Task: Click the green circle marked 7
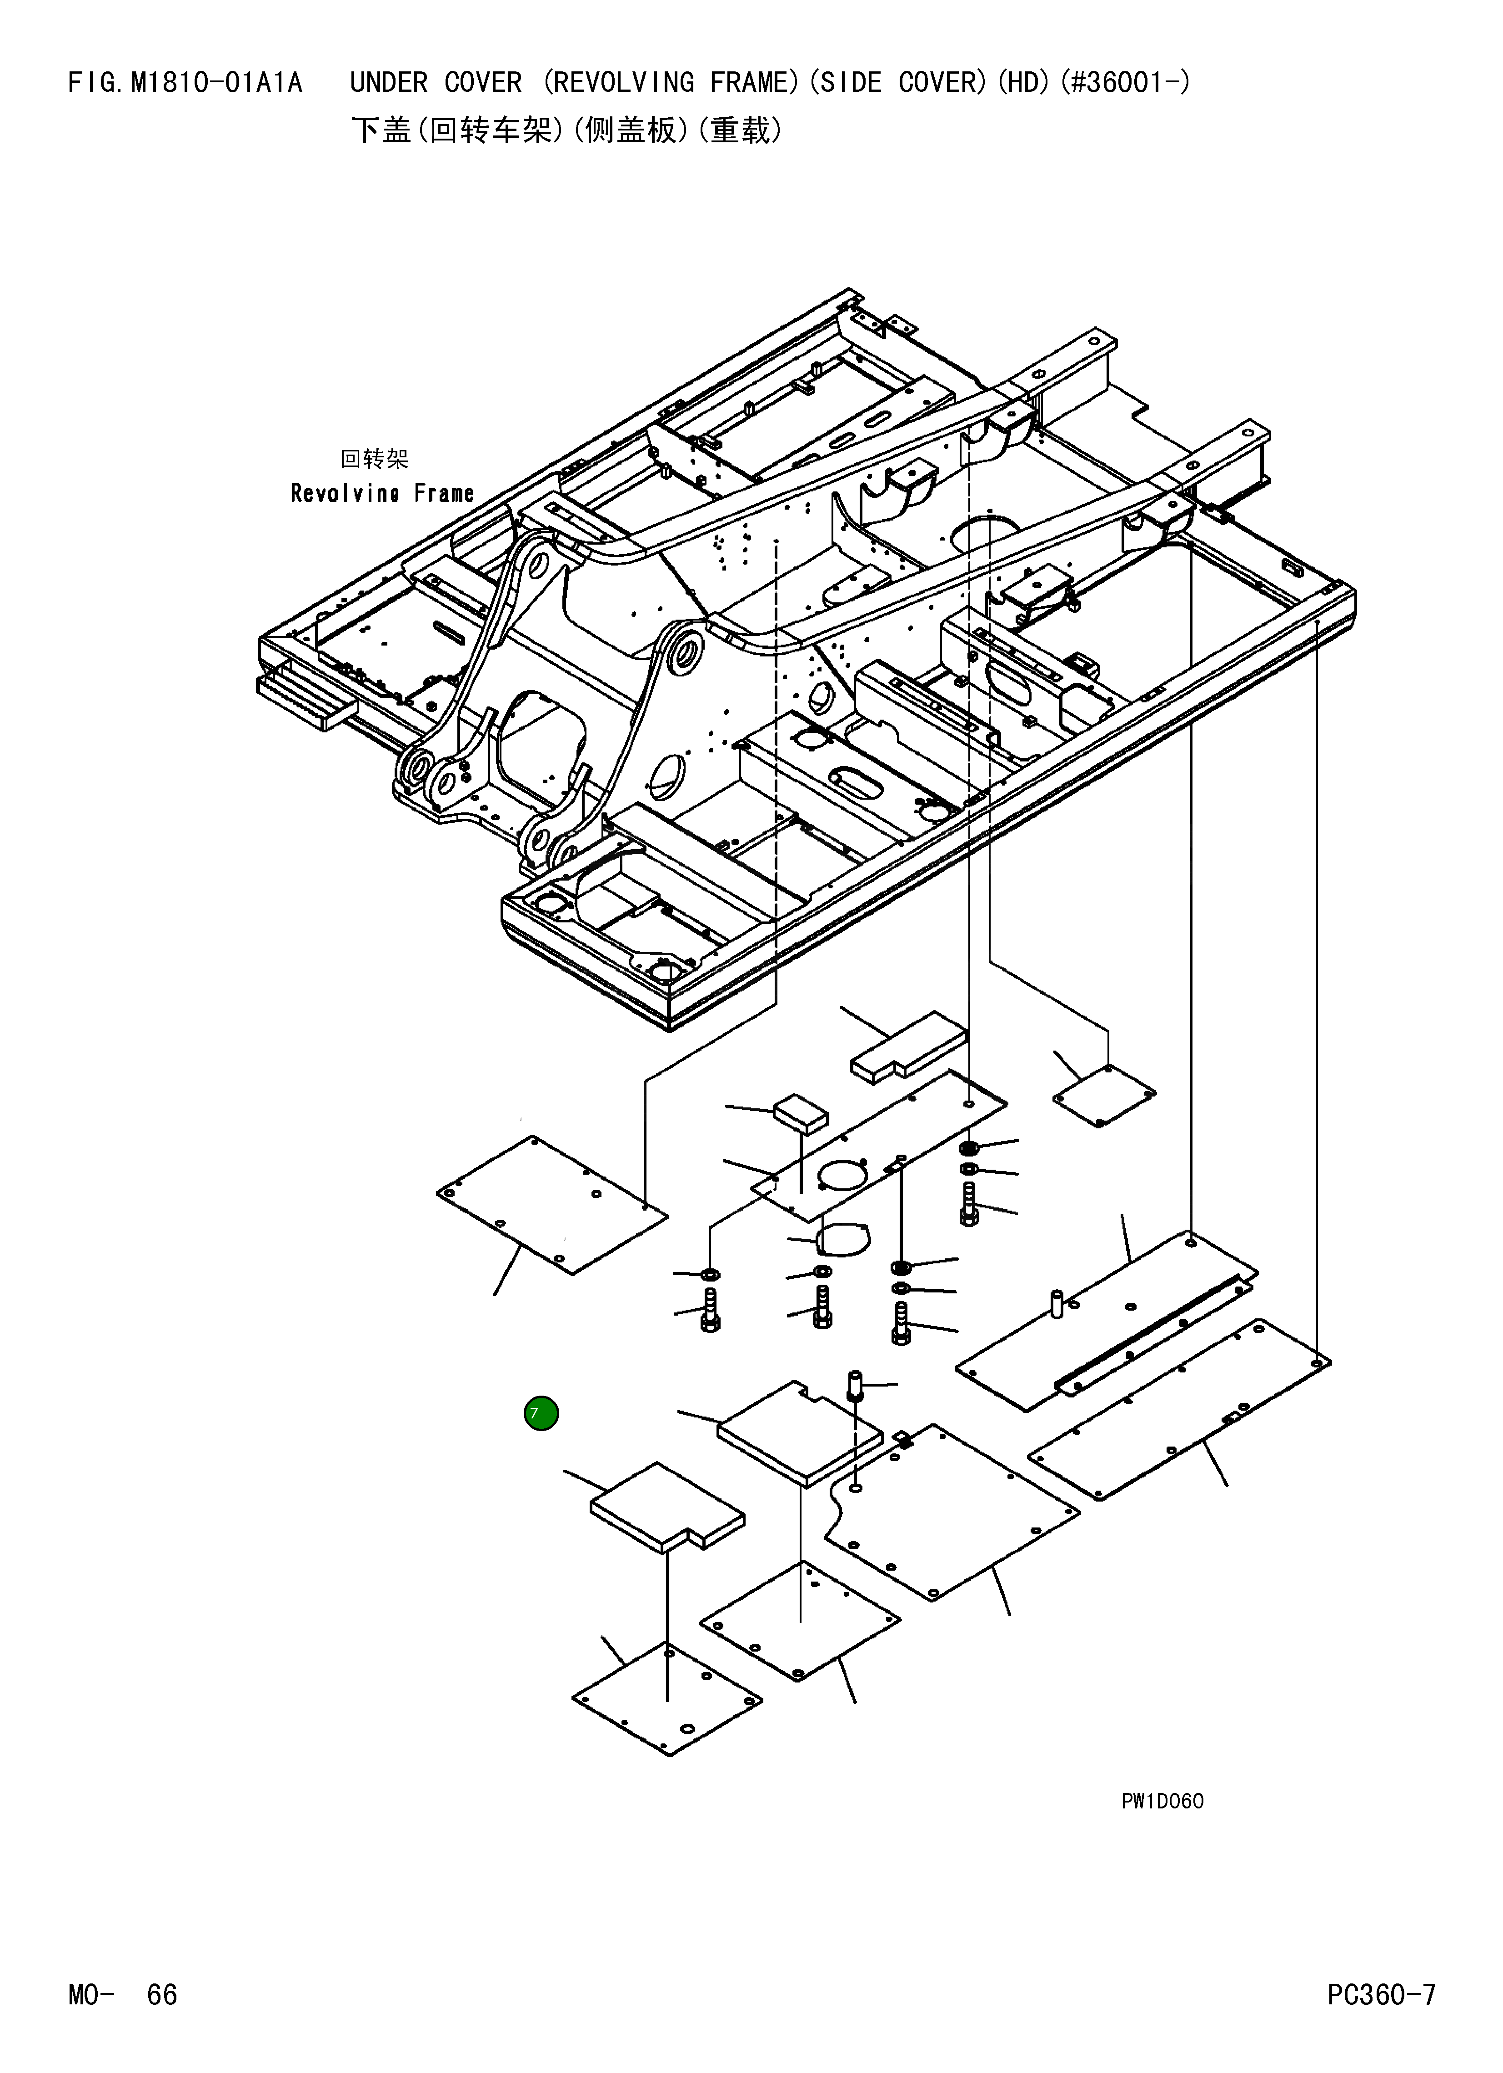(541, 1413)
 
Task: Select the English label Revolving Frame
(382, 494)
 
